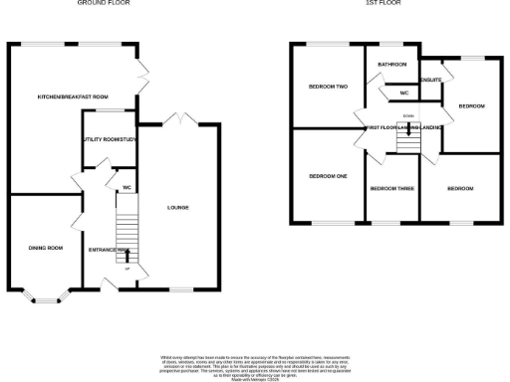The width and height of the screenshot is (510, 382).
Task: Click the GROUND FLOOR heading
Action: (x=104, y=3)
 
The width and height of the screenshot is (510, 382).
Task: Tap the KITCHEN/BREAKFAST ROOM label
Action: (x=72, y=96)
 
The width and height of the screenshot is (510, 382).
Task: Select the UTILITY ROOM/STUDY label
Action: (x=109, y=139)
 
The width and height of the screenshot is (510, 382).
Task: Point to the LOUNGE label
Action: (x=177, y=207)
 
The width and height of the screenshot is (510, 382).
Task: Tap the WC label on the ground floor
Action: (x=127, y=187)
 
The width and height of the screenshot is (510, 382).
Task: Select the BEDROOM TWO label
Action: (x=327, y=87)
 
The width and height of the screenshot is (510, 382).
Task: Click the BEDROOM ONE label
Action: (x=327, y=176)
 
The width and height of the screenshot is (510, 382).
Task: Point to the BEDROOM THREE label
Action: (x=391, y=188)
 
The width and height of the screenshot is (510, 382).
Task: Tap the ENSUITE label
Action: (x=431, y=79)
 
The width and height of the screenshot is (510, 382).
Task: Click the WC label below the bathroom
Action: (x=403, y=94)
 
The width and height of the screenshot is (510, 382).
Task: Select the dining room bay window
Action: (x=46, y=294)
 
